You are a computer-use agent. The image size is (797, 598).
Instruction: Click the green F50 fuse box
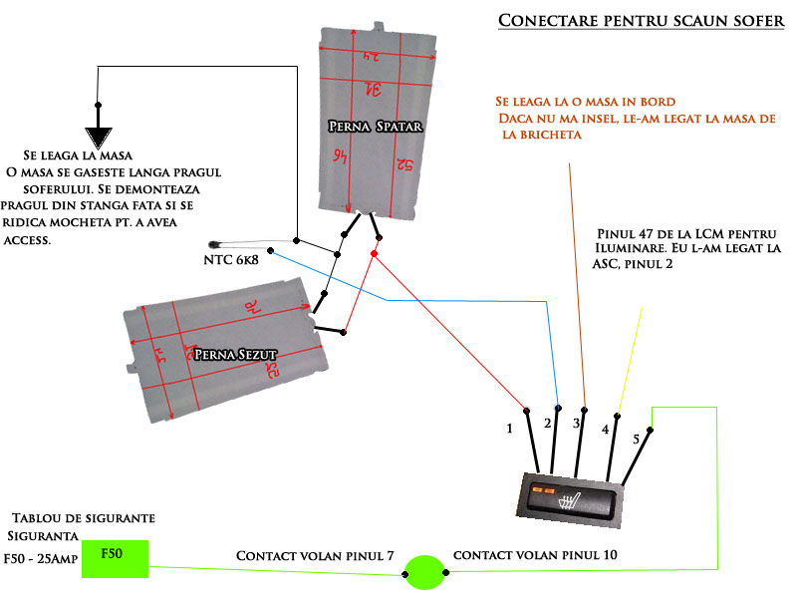(116, 558)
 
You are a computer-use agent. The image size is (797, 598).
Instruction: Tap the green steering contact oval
(424, 572)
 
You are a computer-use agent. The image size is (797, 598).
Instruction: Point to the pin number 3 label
(576, 424)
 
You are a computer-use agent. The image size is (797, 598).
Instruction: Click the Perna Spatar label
(375, 127)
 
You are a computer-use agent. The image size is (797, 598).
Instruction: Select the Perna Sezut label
(233, 353)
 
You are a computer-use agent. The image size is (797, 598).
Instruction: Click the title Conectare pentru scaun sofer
(641, 21)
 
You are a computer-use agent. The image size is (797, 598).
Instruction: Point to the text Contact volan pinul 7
(315, 554)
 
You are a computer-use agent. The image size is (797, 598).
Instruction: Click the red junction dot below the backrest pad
(374, 254)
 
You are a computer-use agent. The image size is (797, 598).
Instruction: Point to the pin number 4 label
(605, 431)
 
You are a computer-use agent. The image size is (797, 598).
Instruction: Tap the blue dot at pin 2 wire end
(558, 409)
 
